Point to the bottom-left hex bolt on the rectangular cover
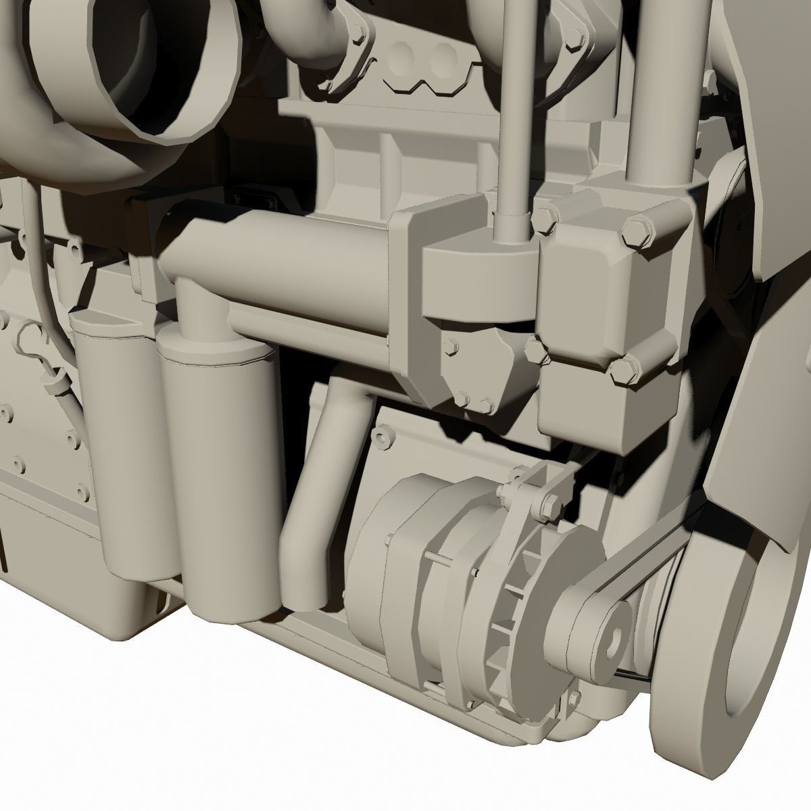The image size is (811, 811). [534, 349]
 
